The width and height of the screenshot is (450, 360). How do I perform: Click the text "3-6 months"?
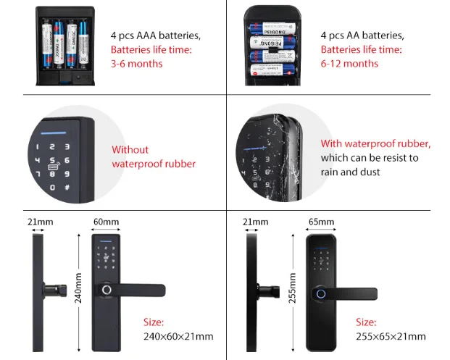pos(136,64)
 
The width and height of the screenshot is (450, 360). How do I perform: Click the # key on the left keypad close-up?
pos(67,187)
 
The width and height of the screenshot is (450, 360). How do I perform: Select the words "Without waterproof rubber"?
pos(153,156)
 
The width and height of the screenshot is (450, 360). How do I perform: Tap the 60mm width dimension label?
pos(106,221)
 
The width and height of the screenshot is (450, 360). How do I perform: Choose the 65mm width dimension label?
pos(321,221)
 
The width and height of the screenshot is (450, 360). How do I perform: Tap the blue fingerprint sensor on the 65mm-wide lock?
pos(318,295)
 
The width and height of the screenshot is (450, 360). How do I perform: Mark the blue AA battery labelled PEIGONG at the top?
pos(270,31)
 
